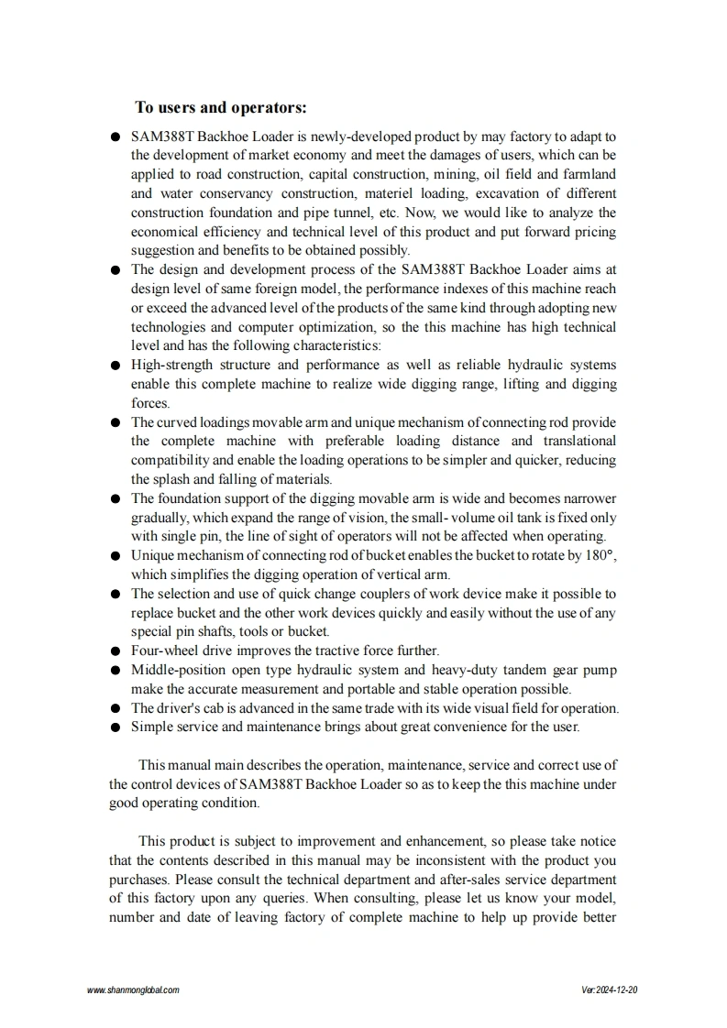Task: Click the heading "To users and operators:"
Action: (x=221, y=108)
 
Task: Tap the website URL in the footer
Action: (x=133, y=990)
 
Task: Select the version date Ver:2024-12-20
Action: (x=610, y=990)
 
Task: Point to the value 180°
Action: (x=600, y=555)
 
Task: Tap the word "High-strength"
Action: (x=172, y=365)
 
